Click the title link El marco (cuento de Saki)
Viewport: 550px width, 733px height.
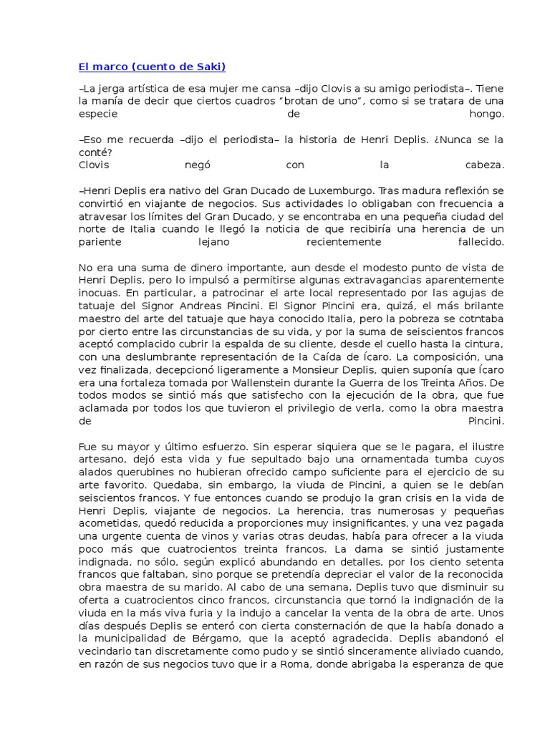[152, 67]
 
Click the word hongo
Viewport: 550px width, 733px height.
[486, 114]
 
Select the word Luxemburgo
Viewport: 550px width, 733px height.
[329, 191]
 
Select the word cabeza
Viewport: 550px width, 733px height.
[483, 165]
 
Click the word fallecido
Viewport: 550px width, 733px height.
[477, 242]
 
